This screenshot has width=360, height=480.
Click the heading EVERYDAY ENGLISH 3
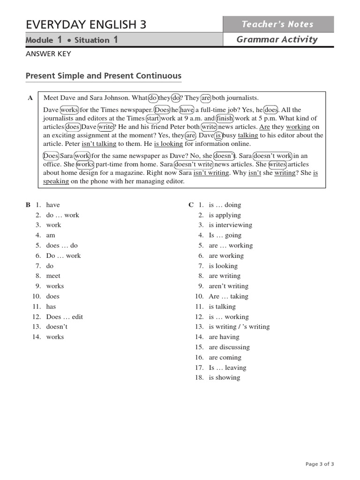(86, 24)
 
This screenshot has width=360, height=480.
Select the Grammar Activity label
(277, 40)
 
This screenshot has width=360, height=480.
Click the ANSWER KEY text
(48, 54)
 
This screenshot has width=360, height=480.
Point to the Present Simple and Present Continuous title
(103, 76)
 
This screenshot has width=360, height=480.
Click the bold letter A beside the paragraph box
(30, 98)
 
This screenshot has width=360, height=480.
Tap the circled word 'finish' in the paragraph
(225, 119)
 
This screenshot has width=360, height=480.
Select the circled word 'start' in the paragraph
(153, 119)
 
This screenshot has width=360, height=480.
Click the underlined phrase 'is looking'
(169, 144)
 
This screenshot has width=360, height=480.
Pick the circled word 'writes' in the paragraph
(277, 164)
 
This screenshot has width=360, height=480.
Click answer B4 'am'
(51, 235)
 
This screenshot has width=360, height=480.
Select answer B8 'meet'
(53, 276)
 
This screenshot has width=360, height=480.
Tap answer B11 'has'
(51, 307)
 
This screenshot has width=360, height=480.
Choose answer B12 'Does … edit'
(64, 317)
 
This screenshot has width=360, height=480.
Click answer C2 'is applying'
(225, 215)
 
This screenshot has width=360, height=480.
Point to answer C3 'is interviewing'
(231, 225)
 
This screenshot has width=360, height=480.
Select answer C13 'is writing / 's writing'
(239, 327)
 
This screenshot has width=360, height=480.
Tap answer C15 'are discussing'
(229, 347)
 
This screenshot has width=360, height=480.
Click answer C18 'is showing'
(225, 378)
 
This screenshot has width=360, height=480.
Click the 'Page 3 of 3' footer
(320, 464)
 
